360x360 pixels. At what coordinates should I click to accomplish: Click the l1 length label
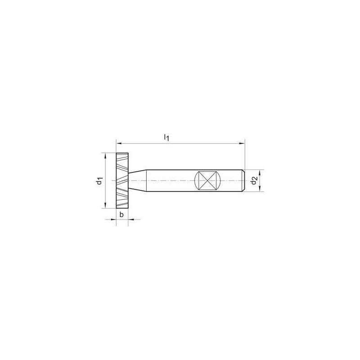[166, 137]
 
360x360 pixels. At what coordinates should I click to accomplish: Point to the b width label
[121, 215]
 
